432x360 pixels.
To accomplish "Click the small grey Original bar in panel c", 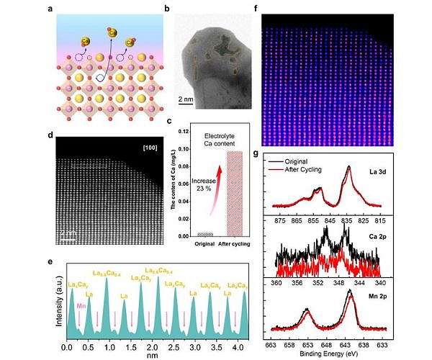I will click(x=205, y=234).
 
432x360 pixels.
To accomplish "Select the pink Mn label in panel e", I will click(x=81, y=305).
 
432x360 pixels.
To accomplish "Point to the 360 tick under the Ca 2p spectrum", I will click(x=276, y=274).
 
